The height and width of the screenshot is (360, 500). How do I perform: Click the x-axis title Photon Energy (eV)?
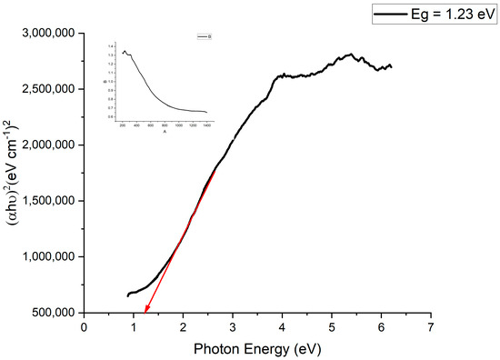point(257,349)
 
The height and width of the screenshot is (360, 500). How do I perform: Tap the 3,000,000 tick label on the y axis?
point(47,33)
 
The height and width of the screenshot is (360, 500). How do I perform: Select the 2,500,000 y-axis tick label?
point(47,89)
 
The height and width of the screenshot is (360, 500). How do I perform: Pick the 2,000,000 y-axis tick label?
point(47,145)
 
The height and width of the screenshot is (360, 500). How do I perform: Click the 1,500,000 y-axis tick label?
point(47,201)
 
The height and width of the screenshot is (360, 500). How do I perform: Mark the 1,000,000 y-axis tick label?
point(47,257)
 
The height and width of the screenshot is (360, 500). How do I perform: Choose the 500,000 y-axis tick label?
point(52,313)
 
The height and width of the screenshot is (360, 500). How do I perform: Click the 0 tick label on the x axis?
point(84,325)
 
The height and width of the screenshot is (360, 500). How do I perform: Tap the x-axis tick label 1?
point(134,325)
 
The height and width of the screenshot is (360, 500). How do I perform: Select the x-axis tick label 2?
point(183,325)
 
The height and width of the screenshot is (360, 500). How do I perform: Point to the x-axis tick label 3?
point(233,325)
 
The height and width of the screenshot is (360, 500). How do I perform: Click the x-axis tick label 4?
point(282,325)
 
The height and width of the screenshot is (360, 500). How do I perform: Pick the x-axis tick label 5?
point(332,325)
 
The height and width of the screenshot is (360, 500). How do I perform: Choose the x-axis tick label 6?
point(381,325)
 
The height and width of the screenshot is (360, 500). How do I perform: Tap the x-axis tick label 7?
point(431,325)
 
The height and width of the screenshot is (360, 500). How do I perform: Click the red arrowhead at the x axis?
point(145,309)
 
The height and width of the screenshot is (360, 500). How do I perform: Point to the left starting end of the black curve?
point(127,295)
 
